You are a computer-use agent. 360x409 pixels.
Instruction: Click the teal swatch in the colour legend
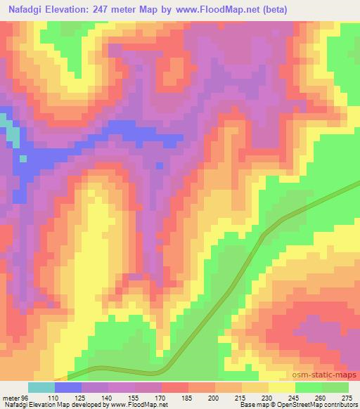[41, 387]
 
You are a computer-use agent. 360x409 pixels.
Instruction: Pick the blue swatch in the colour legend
[68, 387]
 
